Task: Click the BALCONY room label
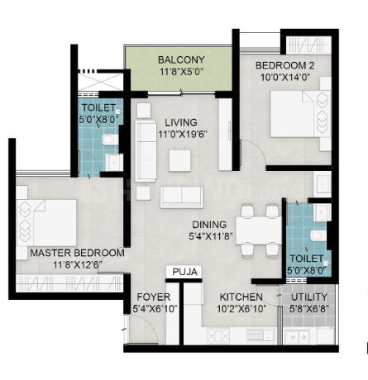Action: pyautogui.click(x=181, y=59)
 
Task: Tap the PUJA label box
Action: pyautogui.click(x=184, y=272)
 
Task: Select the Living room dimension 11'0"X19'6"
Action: pyautogui.click(x=183, y=135)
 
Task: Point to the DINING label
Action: pyautogui.click(x=209, y=225)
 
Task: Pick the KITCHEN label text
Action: pyautogui.click(x=241, y=297)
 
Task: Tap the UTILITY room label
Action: pyautogui.click(x=309, y=297)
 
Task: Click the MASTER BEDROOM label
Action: pyautogui.click(x=77, y=253)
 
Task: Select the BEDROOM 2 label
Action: pyautogui.click(x=285, y=65)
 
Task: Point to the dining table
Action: pyautogui.click(x=259, y=230)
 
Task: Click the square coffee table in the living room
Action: pyautogui.click(x=179, y=160)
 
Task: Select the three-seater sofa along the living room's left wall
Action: pyautogui.click(x=146, y=151)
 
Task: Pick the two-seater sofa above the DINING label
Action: pyautogui.click(x=182, y=197)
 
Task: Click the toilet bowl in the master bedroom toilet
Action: pyautogui.click(x=108, y=140)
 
